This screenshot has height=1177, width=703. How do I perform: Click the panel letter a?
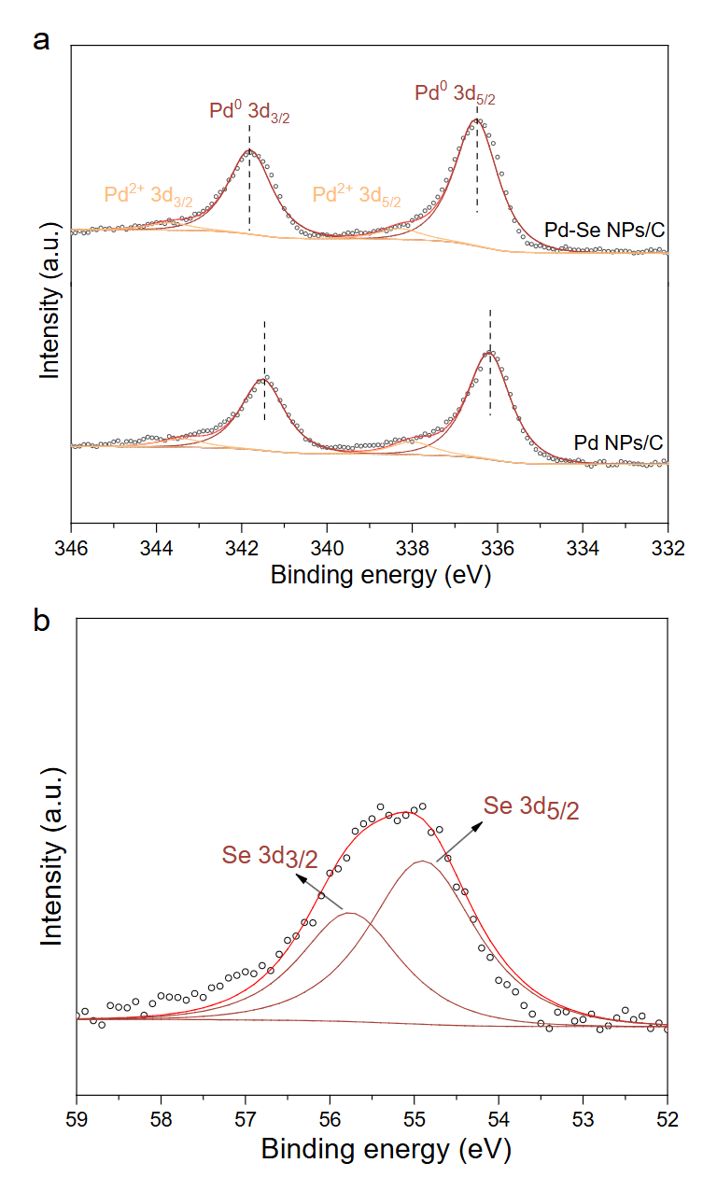(x=40, y=40)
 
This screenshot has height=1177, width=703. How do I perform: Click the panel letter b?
(x=40, y=621)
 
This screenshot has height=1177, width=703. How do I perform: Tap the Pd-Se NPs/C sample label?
(x=604, y=230)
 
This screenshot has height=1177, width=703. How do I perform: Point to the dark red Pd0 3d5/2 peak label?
(x=454, y=92)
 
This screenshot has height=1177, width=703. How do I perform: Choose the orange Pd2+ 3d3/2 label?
(x=148, y=196)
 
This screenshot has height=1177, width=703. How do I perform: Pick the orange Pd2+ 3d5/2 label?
(x=357, y=195)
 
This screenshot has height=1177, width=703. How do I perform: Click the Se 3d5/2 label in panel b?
(x=531, y=807)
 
